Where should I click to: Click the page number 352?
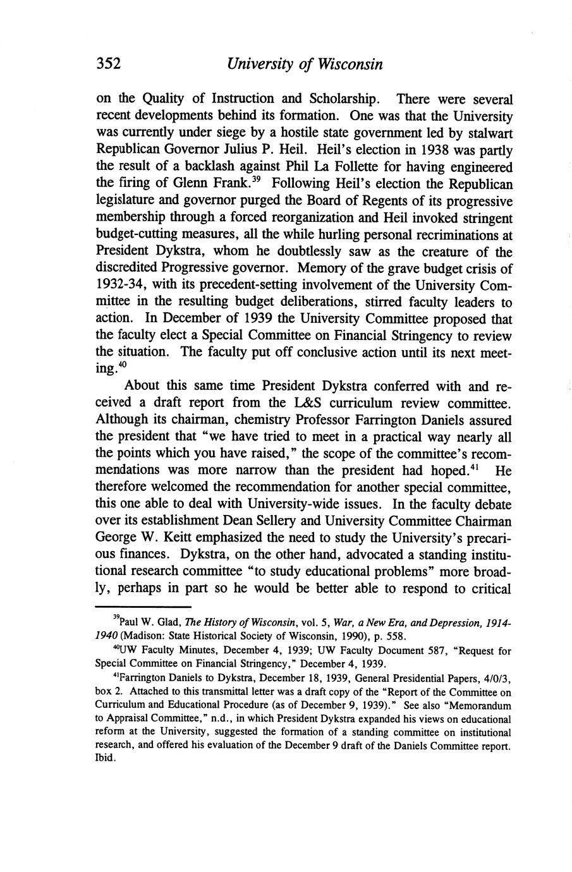tap(108, 64)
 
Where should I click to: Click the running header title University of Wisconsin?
tap(305, 64)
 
